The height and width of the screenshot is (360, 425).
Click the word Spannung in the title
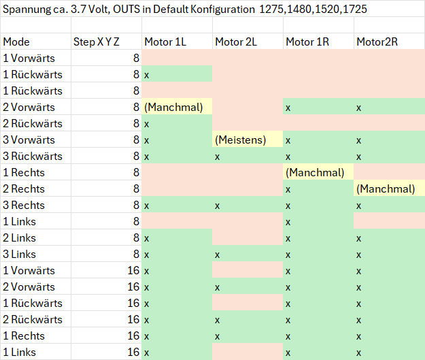[x=27, y=10]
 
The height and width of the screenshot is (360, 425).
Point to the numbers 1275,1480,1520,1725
[x=313, y=10]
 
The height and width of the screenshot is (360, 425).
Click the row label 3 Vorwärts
[x=29, y=140]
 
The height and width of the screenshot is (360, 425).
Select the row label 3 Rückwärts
[x=33, y=157]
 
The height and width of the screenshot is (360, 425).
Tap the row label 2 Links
[x=19, y=238]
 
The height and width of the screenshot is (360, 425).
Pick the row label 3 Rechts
[x=24, y=205]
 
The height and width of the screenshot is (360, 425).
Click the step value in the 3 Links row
[x=136, y=255]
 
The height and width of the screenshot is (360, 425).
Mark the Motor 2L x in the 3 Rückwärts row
[x=217, y=157]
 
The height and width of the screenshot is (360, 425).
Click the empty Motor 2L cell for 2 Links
[x=248, y=238]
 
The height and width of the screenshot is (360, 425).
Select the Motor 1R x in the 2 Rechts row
[x=288, y=190]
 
